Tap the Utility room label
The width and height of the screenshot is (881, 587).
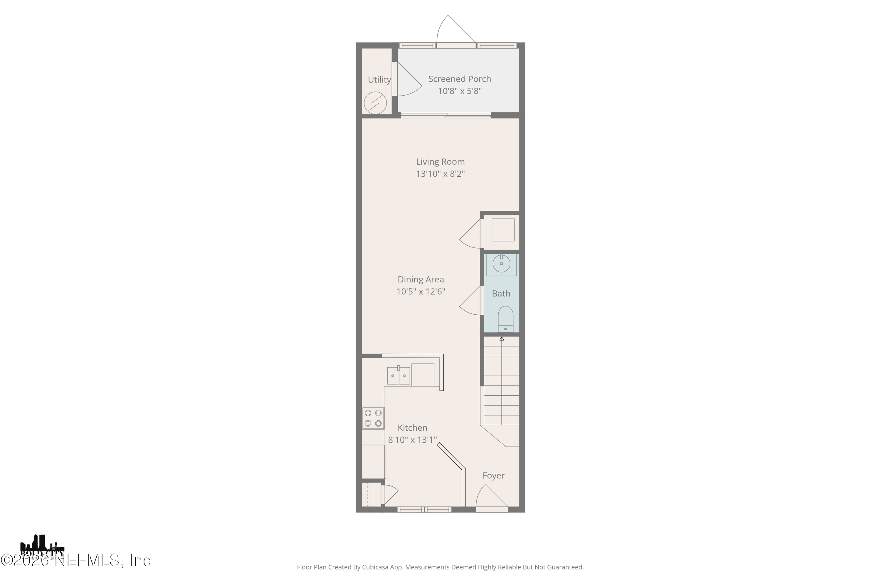[379, 80]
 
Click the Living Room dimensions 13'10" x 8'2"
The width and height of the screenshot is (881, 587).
[440, 174]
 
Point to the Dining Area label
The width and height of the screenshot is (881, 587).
[420, 279]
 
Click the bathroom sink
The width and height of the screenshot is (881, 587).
[501, 264]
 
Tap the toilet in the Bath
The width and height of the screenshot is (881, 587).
[505, 319]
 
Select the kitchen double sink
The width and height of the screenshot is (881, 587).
[398, 375]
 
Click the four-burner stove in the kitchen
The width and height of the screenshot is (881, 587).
[373, 418]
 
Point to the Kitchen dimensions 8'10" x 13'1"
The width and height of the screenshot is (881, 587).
[412, 439]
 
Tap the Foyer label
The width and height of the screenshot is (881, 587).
[493, 475]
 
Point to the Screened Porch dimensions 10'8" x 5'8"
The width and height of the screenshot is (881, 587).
[460, 91]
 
